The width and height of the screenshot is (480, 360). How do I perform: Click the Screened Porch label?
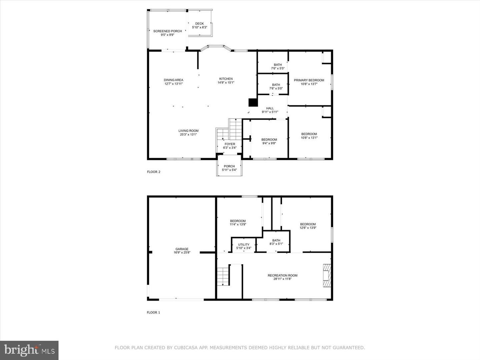pyautogui.click(x=167, y=31)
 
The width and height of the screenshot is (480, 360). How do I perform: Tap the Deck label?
pyautogui.click(x=199, y=24)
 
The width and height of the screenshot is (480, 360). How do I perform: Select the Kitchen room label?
pyautogui.click(x=226, y=79)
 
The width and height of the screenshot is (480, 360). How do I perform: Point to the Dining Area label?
pyautogui.click(x=173, y=80)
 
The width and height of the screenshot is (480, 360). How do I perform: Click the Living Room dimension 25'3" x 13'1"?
pyautogui.click(x=188, y=135)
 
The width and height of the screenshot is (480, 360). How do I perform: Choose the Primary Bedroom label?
pyautogui.click(x=309, y=80)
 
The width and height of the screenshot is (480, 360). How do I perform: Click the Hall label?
pyautogui.click(x=270, y=108)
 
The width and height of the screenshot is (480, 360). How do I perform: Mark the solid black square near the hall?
pyautogui.click(x=253, y=102)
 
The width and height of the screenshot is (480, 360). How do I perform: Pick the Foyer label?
pyautogui.click(x=230, y=144)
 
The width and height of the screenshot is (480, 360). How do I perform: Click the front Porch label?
pyautogui.click(x=229, y=166)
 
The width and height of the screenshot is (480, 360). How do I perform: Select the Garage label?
pyautogui.click(x=182, y=249)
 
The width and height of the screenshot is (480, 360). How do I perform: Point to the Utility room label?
pyautogui.click(x=244, y=245)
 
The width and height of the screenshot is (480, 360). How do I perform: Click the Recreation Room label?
pyautogui.click(x=282, y=275)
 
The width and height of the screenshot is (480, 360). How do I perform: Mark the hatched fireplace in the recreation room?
pyautogui.click(x=327, y=275)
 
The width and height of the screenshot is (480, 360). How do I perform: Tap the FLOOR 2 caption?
pyautogui.click(x=154, y=172)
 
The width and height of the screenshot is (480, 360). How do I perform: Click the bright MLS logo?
pyautogui.click(x=29, y=350)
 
